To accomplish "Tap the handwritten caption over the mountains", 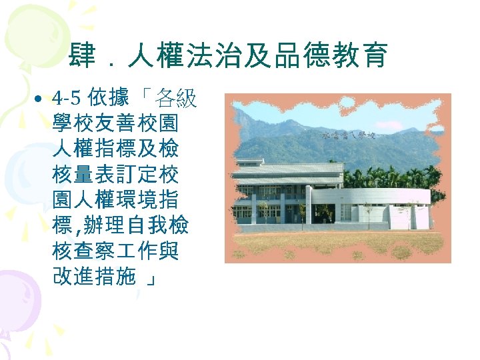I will (x=349, y=135).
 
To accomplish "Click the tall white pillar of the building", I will (x=307, y=204).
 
